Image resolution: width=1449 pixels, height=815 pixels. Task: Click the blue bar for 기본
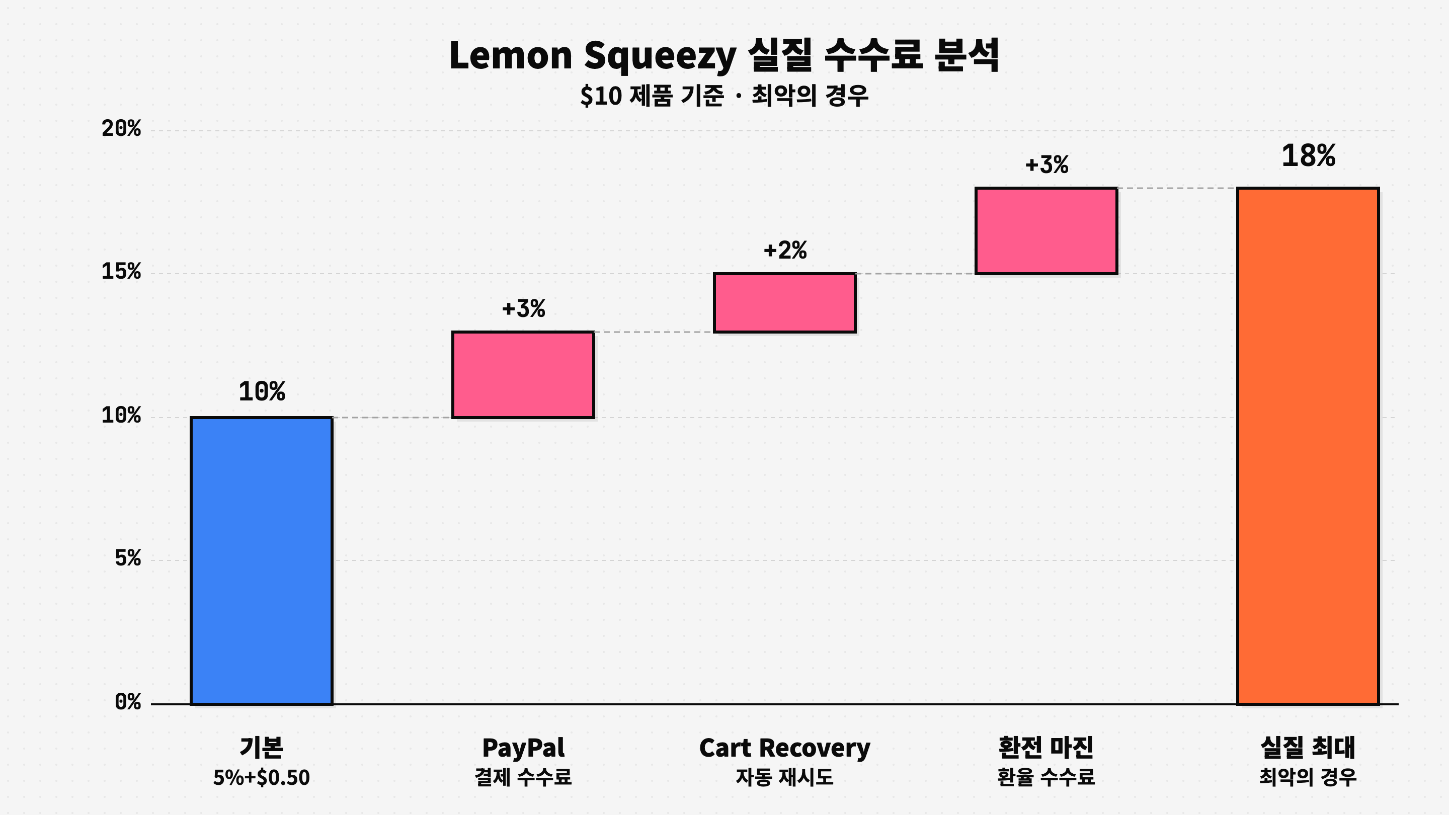(x=262, y=560)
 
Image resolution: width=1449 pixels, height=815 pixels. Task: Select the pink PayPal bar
(x=523, y=375)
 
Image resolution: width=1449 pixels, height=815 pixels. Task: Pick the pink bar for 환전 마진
(x=1046, y=231)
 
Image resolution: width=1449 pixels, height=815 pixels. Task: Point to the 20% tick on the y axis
(x=121, y=129)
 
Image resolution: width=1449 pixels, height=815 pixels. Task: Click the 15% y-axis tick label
(x=121, y=272)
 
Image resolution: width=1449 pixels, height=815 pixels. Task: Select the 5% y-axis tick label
(x=128, y=558)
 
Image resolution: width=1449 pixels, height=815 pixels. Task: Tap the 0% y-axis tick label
(x=128, y=702)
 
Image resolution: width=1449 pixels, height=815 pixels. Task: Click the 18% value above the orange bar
(x=1308, y=156)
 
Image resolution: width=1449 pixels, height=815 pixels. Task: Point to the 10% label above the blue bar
(x=262, y=391)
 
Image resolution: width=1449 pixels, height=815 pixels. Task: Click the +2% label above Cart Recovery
(x=785, y=251)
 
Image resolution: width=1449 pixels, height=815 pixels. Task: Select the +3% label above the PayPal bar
(x=523, y=309)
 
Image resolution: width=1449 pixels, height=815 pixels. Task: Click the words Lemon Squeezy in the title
(x=592, y=56)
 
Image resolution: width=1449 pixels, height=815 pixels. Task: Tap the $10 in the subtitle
(x=601, y=96)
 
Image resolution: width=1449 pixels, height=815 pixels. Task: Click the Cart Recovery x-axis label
(x=785, y=748)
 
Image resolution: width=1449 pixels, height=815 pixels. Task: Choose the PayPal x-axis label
(x=523, y=748)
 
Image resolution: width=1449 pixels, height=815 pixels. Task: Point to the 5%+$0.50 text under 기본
(x=262, y=778)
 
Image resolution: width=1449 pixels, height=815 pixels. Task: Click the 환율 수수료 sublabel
(x=1046, y=778)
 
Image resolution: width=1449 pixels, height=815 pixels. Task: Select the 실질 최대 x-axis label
(x=1308, y=748)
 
